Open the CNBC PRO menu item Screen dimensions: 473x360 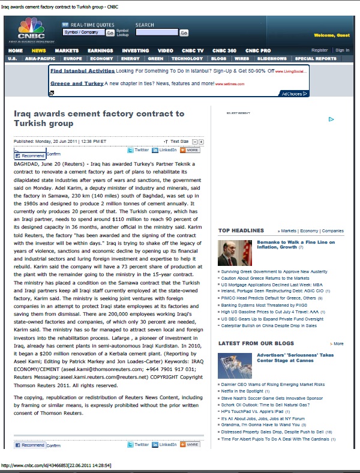coord(258,50)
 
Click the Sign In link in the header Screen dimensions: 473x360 coord(342,50)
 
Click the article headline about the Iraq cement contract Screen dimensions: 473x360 coord(99,118)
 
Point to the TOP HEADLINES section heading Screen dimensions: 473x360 coord(241,230)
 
